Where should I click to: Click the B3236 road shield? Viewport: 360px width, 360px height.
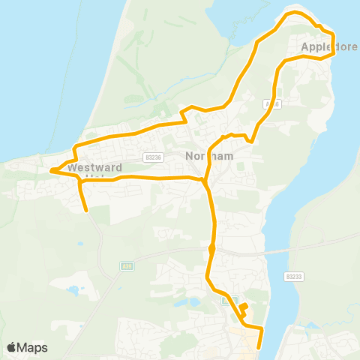coord(154,157)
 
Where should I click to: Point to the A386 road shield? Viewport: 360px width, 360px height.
coord(271,105)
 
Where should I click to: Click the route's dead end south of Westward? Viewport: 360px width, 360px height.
coord(87,211)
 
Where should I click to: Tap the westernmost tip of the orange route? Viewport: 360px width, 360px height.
coord(51,171)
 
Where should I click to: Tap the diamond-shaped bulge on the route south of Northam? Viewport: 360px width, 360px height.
coord(212,248)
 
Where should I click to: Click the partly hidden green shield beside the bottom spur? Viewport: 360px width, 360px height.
coord(229,301)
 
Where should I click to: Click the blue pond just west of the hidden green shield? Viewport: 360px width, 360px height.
coord(196,302)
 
